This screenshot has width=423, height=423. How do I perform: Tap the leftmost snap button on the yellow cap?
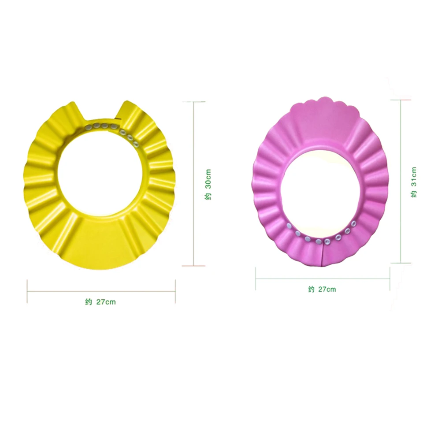89,127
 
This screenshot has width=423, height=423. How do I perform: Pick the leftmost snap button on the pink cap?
289,226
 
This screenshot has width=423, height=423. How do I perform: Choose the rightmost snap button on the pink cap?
353,223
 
